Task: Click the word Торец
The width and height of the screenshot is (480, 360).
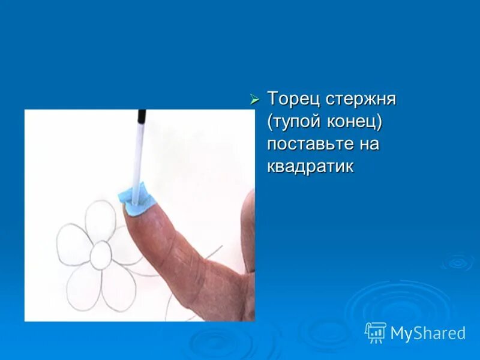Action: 294,99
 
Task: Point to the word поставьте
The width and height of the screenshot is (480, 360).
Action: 311,144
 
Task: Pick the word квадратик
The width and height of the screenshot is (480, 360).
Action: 310,166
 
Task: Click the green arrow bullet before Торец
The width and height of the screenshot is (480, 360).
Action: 254,99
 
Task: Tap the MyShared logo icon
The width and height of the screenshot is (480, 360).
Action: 376,332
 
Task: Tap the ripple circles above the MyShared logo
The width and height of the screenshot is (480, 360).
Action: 459,262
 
